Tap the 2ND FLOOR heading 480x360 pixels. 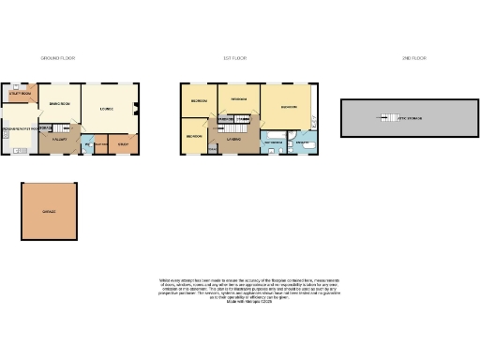413,59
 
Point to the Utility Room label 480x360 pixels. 21,95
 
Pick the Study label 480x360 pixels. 123,145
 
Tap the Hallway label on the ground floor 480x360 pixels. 57,140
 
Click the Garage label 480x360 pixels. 49,212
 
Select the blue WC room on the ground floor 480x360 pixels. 86,145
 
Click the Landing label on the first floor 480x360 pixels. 233,139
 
